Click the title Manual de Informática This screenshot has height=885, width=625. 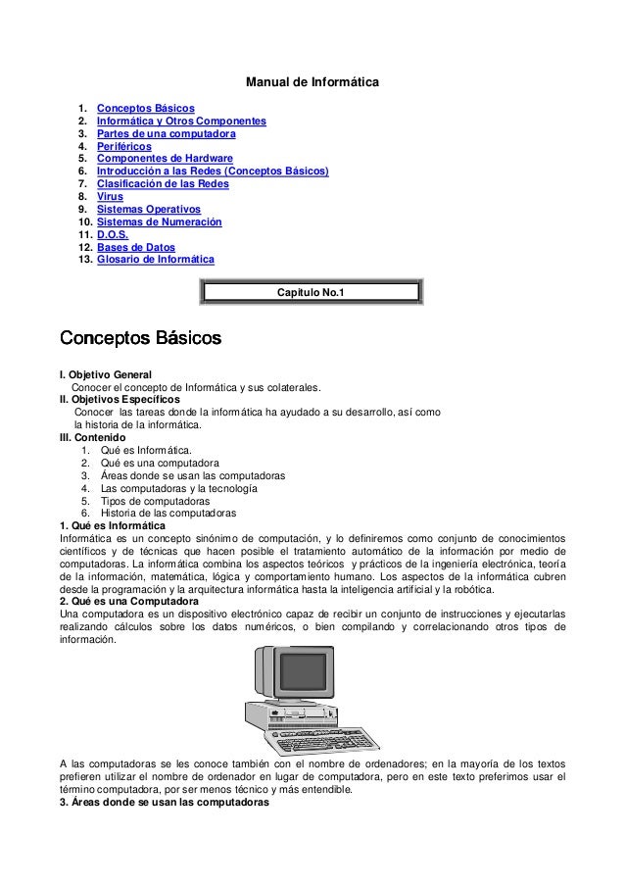point(312,79)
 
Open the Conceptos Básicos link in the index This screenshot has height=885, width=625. point(145,108)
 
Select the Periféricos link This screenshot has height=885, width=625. point(124,146)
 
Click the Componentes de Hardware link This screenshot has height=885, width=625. point(165,159)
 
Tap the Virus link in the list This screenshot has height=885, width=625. point(111,197)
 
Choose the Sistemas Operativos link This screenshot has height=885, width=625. point(148,210)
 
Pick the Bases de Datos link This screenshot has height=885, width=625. point(136,248)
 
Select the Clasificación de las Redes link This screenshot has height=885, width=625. point(163,184)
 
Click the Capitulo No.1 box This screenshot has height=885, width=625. point(312,292)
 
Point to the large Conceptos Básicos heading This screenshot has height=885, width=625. point(140,338)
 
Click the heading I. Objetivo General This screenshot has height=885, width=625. point(106,374)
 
